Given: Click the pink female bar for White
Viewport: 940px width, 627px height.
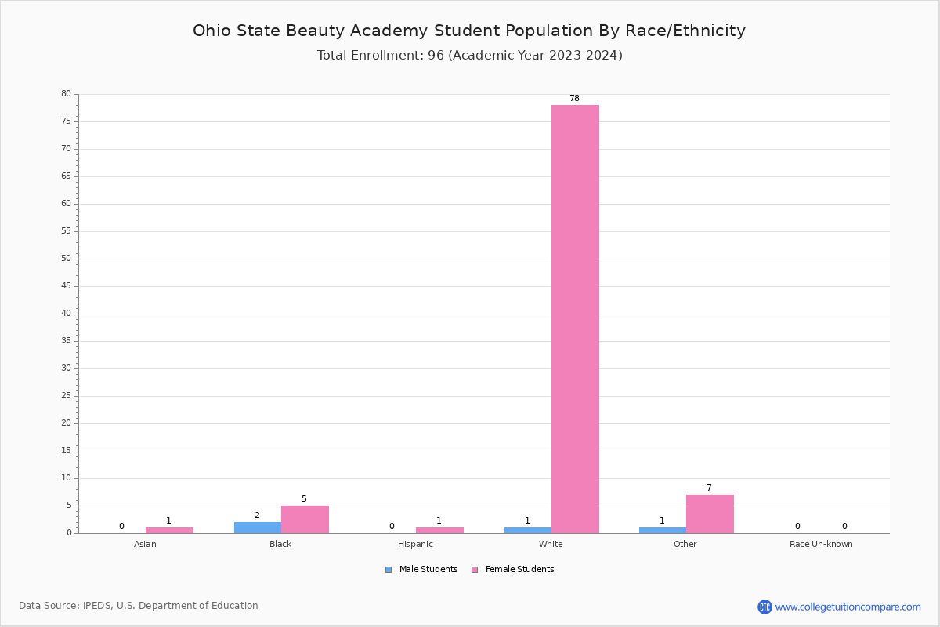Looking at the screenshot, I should point(575,318).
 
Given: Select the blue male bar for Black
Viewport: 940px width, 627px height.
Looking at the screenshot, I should point(257,527).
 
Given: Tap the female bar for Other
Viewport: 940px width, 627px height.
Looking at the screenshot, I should point(710,513).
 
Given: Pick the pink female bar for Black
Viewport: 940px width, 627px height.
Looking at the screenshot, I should point(305,519).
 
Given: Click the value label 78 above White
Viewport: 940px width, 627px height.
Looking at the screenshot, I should point(574,99).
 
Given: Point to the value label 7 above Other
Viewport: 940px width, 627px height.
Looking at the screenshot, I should point(709,488).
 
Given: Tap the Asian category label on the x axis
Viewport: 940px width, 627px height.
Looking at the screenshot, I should point(145,545).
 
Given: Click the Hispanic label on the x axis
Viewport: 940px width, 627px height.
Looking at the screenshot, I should point(415,545).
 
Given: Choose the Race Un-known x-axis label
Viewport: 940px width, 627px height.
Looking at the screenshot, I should point(821,545).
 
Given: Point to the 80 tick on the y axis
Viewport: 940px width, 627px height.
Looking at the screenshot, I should point(66,94).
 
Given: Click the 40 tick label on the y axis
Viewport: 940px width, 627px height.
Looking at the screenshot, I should point(66,313).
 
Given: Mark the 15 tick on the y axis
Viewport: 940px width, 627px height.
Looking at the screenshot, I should point(66,451).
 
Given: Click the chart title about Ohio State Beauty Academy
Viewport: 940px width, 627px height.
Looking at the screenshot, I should point(469,31).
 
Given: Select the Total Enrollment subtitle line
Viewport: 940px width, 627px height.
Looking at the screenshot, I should point(469,56).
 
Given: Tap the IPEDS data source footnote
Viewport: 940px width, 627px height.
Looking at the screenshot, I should point(139,606).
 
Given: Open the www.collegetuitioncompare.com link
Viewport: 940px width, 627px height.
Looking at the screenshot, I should point(848,607).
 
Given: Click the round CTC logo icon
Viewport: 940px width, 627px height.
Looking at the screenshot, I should point(765,607).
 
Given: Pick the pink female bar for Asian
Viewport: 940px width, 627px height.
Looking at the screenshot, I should point(169,530).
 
